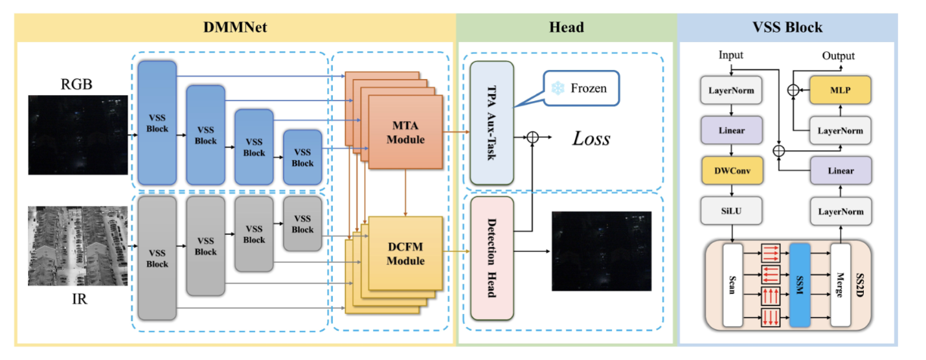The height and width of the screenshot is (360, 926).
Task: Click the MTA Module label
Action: click(405, 133)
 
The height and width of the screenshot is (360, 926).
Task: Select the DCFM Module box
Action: click(405, 254)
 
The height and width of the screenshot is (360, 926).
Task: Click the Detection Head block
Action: click(491, 258)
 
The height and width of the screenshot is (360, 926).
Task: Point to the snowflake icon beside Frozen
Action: click(555, 87)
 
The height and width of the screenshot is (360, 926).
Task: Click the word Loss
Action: click(591, 138)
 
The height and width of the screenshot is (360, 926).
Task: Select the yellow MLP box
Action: click(840, 91)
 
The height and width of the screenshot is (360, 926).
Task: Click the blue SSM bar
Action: click(800, 284)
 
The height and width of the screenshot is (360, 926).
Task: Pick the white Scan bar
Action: click(732, 284)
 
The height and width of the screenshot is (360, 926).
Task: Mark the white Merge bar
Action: click(840, 284)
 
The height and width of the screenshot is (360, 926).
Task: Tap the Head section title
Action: click(566, 27)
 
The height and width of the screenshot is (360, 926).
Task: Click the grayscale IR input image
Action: click(69, 245)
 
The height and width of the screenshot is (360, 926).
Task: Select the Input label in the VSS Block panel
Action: click(730, 56)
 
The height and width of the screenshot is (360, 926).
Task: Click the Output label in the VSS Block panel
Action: click(838, 56)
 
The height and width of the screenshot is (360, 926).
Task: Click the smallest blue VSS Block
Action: click(302, 157)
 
